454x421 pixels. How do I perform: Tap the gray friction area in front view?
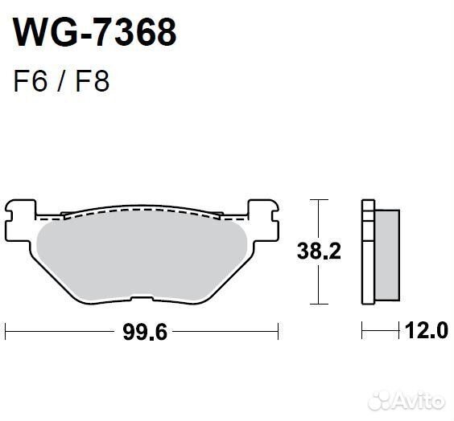coord(145,253)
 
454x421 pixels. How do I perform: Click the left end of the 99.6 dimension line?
coord(6,329)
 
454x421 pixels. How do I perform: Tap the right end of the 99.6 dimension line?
coord(279,329)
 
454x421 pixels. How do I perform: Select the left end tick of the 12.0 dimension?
coord(362,329)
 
